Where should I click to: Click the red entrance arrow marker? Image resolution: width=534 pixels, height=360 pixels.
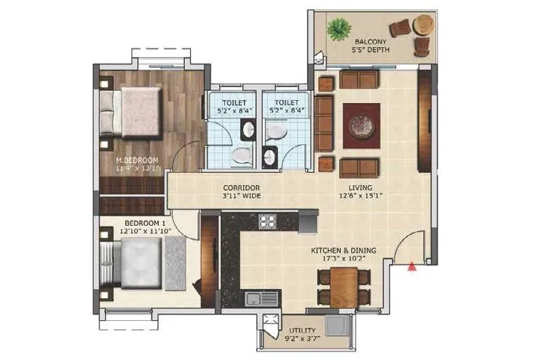(414, 267)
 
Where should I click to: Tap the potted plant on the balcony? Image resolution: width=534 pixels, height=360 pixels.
(336, 30)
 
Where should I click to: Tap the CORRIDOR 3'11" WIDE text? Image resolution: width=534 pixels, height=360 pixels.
(241, 191)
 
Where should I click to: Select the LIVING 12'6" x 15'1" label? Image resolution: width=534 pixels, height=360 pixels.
(363, 191)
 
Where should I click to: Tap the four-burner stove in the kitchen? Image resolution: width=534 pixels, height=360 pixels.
(268, 222)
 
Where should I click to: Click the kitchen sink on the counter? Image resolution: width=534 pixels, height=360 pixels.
(254, 298)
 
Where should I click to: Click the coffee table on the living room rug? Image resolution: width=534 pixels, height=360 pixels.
(361, 123)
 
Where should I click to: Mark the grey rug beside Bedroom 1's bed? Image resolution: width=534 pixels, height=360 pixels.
(176, 258)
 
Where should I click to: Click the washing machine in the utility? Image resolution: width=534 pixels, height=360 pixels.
(337, 324)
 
